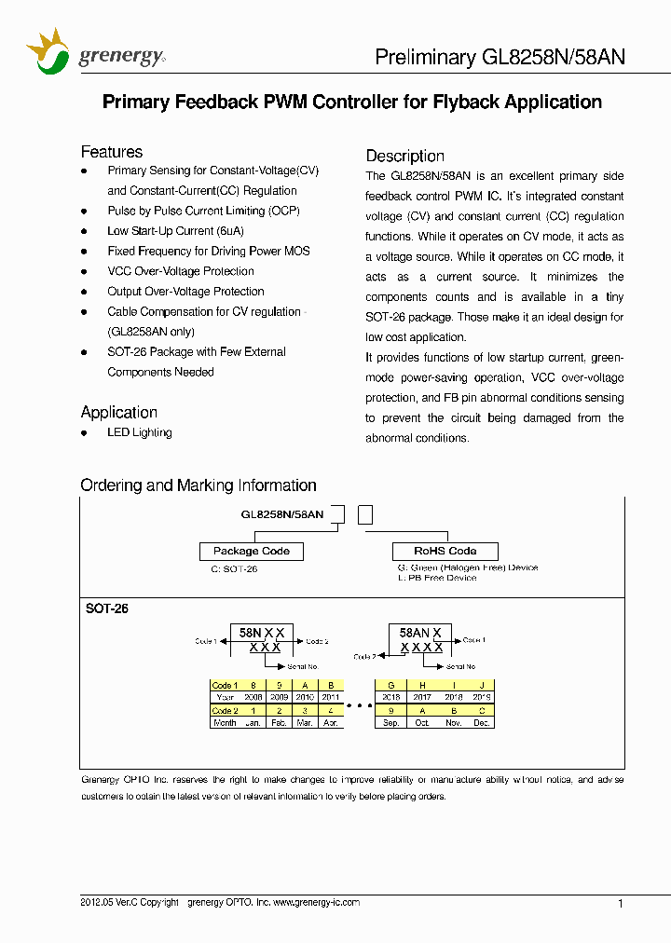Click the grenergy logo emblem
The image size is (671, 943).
coord(48,51)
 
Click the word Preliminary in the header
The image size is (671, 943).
coord(424,57)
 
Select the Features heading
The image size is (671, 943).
coord(112,152)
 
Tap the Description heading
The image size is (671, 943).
coord(404,156)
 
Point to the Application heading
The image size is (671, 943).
coord(118,412)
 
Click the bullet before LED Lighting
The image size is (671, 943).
coord(85,433)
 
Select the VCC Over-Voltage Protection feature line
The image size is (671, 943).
coord(180,271)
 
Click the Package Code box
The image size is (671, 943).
coord(252,551)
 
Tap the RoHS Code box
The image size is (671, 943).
coord(445,551)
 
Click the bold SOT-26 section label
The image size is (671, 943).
coord(106,608)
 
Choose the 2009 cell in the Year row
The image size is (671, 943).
coord(279,697)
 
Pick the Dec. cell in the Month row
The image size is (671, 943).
coord(481,723)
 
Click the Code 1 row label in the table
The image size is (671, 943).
coord(225,685)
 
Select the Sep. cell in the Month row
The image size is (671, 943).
coord(391,723)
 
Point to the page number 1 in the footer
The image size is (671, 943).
coord(621,903)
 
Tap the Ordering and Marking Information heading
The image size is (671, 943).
coord(199,485)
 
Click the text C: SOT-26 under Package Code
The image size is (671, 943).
coord(234,568)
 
